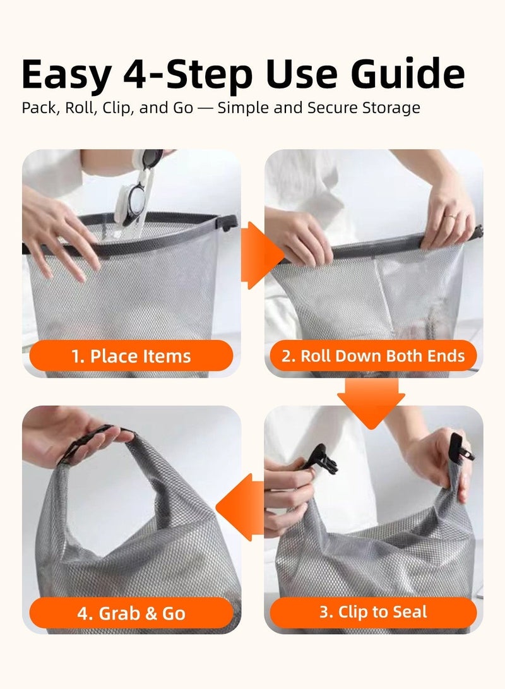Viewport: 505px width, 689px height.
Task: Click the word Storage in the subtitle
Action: pos(389,108)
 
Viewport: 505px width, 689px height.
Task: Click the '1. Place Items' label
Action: pos(131,356)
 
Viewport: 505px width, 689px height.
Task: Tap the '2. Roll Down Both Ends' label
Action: pos(373,356)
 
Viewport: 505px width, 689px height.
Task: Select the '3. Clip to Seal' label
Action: pos(373,612)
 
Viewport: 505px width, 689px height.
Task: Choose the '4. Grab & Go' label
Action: pos(131,613)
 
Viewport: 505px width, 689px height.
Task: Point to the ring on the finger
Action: pos(449,216)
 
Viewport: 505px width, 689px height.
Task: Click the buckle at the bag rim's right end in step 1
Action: pos(229,222)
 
